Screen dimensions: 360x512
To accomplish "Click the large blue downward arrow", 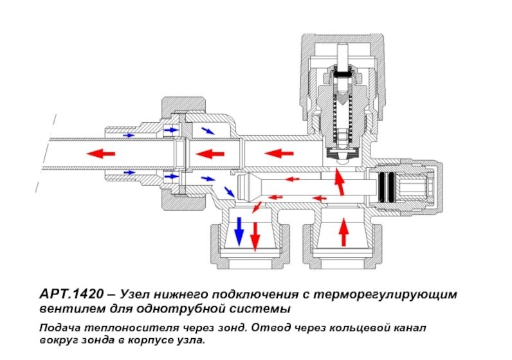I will coord(239,231).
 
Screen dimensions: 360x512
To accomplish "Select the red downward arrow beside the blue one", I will coord(255,235).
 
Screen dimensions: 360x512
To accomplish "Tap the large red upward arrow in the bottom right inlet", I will coord(343,232).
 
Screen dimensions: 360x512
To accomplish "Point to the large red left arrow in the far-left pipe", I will coord(101,153).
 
